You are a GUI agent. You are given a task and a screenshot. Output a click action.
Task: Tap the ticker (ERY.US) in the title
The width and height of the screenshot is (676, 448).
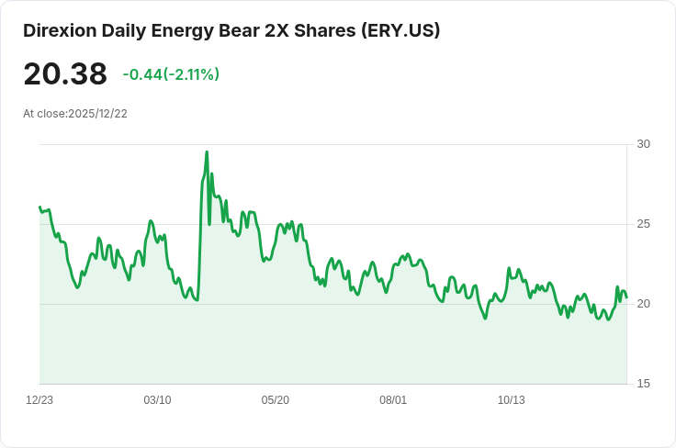coord(399,30)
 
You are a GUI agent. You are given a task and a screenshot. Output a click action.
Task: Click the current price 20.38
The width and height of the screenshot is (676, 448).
coord(65,74)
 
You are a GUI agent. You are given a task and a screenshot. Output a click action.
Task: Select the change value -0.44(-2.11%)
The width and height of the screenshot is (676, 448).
coord(171,74)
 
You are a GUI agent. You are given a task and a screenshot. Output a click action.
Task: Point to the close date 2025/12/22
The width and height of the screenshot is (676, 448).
coord(97,114)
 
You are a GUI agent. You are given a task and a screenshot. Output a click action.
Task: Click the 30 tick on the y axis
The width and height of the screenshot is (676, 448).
coord(643,144)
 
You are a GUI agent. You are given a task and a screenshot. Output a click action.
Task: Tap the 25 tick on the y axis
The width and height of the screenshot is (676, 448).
coord(643,224)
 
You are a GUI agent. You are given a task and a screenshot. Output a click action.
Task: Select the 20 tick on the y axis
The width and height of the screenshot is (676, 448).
coord(643,304)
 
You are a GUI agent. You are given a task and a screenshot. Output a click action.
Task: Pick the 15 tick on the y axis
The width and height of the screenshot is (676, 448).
coord(643,384)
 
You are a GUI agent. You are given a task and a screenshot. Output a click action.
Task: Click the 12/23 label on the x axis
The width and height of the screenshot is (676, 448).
coord(39,400)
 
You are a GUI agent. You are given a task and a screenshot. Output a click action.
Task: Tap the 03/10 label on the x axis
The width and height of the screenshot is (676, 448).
coord(157,400)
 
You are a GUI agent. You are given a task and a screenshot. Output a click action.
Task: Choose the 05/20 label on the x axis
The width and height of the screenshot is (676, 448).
coord(275,400)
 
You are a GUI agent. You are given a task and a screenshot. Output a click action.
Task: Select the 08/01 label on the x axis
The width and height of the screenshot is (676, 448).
coord(392,400)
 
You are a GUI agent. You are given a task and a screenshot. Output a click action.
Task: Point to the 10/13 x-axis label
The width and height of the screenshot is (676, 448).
coord(511,400)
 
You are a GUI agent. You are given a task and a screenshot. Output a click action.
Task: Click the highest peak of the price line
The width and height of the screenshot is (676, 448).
coord(207,152)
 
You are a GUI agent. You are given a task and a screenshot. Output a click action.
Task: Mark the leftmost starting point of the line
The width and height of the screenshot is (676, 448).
coord(39,207)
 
